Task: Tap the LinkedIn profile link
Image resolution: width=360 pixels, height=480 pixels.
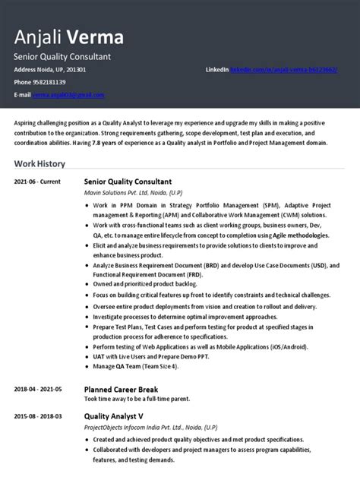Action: point(284,70)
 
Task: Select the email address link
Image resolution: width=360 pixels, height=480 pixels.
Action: point(68,95)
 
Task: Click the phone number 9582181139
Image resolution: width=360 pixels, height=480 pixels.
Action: point(49,82)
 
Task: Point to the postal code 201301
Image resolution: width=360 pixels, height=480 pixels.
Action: point(75,70)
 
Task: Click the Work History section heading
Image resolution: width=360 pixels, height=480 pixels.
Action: point(39,163)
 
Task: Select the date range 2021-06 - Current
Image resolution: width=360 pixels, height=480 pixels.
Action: point(37,182)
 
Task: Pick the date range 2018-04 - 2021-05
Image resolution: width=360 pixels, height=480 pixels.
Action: point(38,389)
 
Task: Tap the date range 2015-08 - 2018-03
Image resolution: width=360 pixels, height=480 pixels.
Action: point(38,416)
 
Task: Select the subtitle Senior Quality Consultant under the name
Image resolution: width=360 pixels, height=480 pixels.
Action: point(63,57)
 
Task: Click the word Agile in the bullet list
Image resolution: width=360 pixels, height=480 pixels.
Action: point(275,236)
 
